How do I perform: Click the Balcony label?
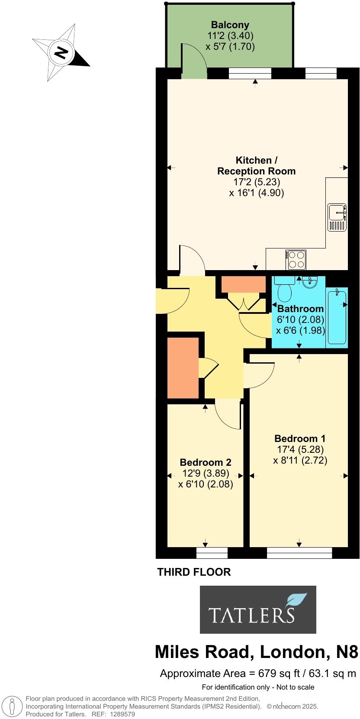pos(230,25)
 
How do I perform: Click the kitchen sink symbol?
pos(337,217)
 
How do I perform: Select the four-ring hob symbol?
pos(296,260)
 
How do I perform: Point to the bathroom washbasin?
pos(309,282)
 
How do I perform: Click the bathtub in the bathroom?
pos(337,317)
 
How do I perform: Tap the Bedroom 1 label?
pos(300,438)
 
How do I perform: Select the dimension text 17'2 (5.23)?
pos(257,182)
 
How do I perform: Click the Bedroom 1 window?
pos(299,553)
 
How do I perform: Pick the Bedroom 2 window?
pos(212,553)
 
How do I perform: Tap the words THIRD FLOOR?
pos(194,572)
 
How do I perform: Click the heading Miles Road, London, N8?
pos(257,652)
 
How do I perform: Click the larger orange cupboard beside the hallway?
pos(183,368)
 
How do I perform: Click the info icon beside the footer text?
pos(13,706)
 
